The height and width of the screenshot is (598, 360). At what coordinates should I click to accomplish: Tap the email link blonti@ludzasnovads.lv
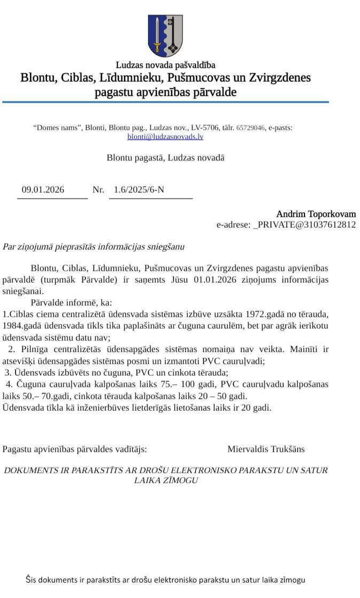coord(165,137)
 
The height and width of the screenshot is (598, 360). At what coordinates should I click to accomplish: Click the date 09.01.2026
coord(43,190)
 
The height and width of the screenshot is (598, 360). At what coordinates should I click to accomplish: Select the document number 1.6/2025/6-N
coord(139,190)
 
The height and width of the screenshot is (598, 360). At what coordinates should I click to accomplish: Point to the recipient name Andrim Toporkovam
coord(316,214)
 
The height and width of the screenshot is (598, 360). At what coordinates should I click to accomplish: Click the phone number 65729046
coord(251,128)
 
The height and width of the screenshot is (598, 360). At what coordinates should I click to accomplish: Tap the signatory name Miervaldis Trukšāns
coord(266,449)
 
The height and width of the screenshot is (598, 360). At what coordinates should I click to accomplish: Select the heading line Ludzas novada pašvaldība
coord(166,65)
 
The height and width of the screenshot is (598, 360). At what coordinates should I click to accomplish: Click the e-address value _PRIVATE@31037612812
coord(304,225)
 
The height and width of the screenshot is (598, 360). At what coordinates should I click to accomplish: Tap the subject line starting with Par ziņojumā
coord(93,247)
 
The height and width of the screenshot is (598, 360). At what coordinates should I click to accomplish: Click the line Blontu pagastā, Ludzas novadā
coord(166,158)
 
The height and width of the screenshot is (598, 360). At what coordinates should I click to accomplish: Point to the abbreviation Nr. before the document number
coord(98,190)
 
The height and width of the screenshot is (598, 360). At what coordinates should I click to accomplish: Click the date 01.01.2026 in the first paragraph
coord(218,280)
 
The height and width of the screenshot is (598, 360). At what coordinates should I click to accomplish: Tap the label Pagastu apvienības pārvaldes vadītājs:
coord(75,449)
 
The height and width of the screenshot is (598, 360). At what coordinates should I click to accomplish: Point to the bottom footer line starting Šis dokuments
coord(166,579)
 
